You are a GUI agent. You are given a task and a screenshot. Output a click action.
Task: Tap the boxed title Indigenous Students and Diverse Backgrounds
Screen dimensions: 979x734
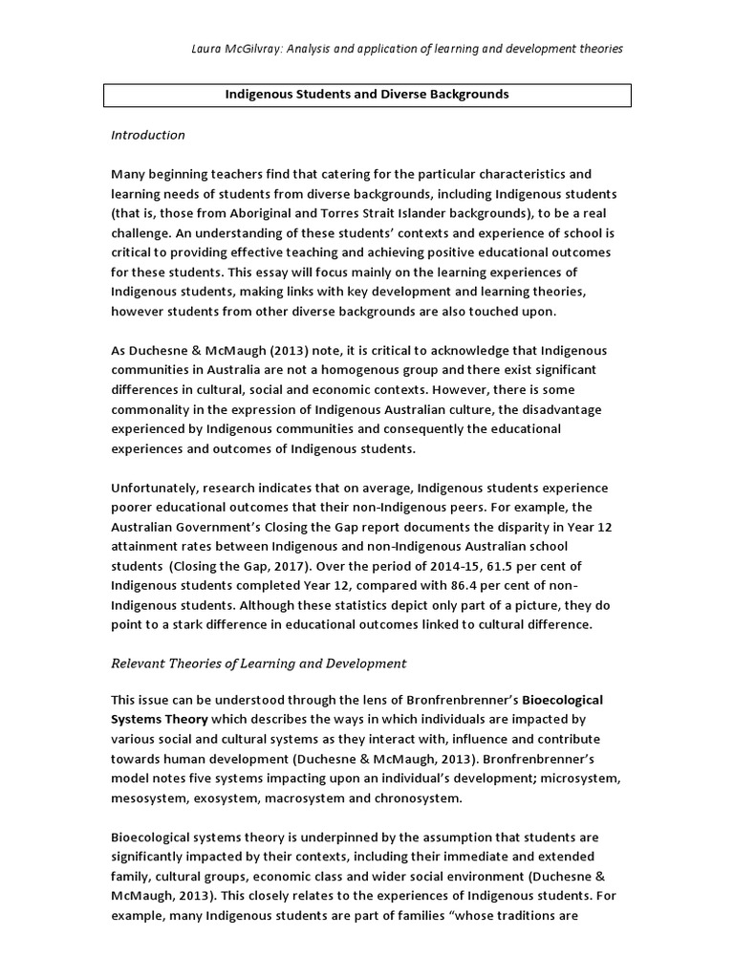366,95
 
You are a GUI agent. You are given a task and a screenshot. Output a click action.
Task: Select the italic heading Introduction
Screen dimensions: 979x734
148,135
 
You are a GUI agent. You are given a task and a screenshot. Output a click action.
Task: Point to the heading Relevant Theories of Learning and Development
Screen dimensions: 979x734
259,663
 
